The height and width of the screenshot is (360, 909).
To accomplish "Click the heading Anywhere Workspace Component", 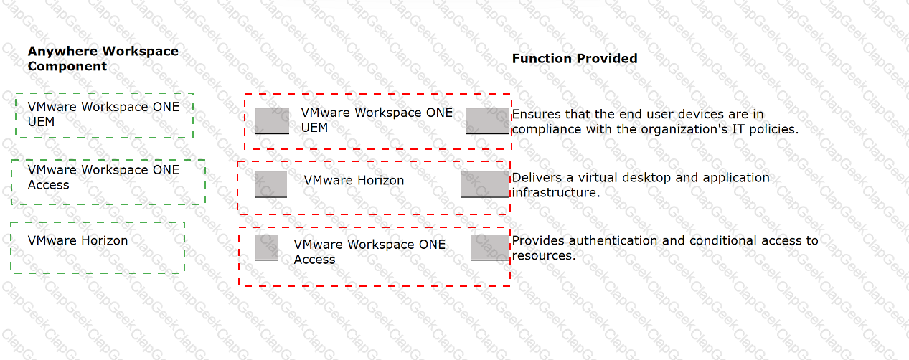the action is point(103,58).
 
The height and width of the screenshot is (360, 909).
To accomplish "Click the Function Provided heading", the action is point(575,58).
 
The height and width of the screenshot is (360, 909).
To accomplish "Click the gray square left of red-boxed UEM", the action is point(272,120).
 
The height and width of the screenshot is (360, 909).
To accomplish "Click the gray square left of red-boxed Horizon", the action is point(270,184).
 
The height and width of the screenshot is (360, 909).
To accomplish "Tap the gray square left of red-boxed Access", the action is point(266,247).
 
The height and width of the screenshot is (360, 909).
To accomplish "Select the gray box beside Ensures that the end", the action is point(487,120).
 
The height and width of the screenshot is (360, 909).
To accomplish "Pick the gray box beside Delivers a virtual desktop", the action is point(484,184).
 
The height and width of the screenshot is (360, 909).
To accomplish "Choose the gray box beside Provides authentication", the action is point(490,247).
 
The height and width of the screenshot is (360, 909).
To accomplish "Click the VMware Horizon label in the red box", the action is point(354,180).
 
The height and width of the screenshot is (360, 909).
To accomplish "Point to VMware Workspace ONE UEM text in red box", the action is point(377,120).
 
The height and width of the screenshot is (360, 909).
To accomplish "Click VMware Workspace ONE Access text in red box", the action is point(369,252).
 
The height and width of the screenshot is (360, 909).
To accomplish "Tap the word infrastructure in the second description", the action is point(556,193).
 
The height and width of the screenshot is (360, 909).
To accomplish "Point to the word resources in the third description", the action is point(544,256).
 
